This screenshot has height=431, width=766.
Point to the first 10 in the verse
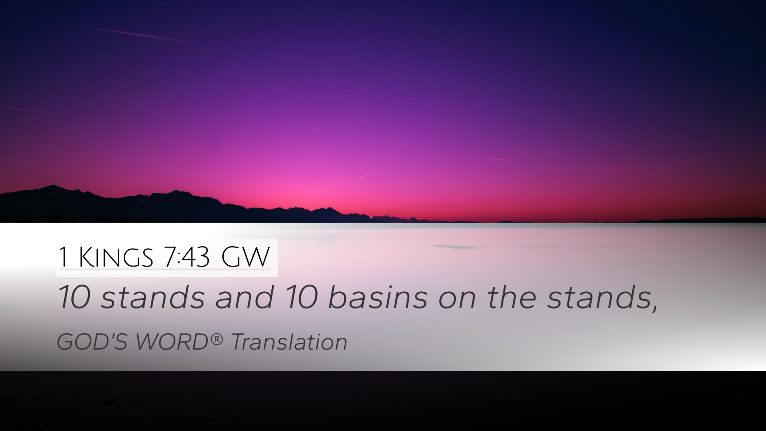coord(73,298)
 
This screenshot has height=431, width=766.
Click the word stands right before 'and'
coord(153,298)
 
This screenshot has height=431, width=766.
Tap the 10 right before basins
coord(301,298)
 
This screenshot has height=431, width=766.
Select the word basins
coord(377,298)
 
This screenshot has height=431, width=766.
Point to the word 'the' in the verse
coord(511,298)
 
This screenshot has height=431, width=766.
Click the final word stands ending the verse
coord(598,298)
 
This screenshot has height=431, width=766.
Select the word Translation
coord(289,342)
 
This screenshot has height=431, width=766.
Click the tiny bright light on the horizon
coord(371,217)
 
